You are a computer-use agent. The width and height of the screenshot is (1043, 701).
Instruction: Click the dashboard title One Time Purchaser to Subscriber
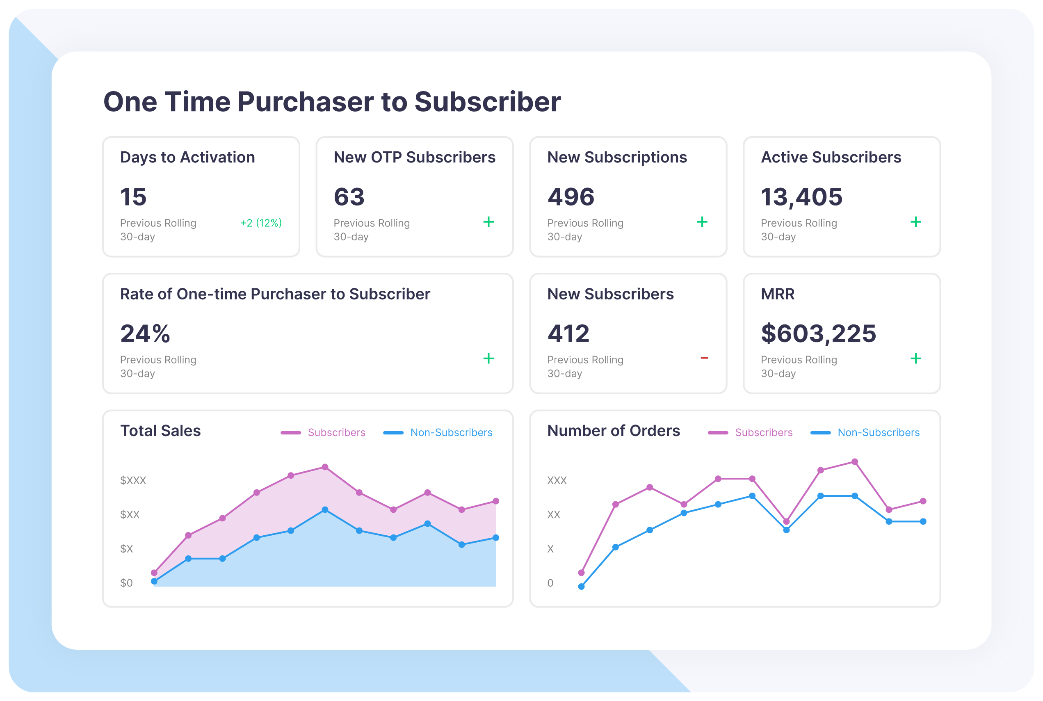tap(332, 102)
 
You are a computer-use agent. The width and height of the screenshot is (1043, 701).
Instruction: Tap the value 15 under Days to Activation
tap(133, 197)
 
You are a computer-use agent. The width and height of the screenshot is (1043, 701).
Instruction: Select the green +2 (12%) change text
tap(261, 223)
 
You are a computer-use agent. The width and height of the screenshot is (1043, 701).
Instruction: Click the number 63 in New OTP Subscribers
tap(349, 197)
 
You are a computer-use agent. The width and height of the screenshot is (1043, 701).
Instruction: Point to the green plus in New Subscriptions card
tap(702, 222)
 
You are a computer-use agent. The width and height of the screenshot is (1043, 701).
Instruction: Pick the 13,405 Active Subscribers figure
tap(801, 197)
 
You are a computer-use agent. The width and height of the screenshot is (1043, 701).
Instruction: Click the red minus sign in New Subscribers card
tap(704, 358)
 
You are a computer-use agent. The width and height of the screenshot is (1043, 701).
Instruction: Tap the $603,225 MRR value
tap(818, 333)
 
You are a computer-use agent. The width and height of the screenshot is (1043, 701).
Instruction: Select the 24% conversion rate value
tap(145, 333)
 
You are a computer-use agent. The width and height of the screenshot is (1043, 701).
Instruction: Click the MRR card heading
tap(778, 294)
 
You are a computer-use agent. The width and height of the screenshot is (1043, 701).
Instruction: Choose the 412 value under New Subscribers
tap(568, 333)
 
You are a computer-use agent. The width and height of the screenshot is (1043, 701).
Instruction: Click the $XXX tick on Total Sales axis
tap(133, 481)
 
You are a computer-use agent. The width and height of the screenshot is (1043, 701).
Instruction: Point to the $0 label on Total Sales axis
tap(126, 583)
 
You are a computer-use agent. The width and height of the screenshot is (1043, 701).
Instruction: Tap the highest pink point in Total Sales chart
tap(325, 467)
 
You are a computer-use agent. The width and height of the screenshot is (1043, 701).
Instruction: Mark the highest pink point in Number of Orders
tap(855, 462)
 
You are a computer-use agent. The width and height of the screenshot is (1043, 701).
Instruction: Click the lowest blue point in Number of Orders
tap(581, 587)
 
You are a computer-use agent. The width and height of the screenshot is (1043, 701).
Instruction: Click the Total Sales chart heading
tap(160, 431)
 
